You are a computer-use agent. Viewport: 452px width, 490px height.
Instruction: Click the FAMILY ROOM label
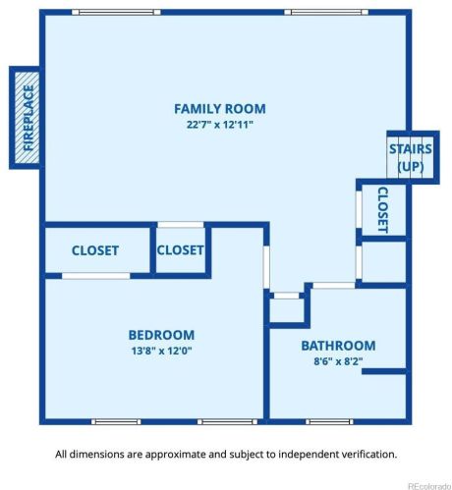[220, 109]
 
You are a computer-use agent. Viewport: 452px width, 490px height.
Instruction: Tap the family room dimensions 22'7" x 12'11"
[220, 125]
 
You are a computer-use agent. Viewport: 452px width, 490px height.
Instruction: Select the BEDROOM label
[161, 335]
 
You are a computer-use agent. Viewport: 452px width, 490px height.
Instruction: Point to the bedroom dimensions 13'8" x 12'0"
[161, 351]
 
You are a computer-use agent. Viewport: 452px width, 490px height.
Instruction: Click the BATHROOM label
[338, 346]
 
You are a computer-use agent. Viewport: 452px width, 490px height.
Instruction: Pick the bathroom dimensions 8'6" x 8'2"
[338, 361]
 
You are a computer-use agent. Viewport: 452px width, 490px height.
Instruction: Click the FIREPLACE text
[28, 118]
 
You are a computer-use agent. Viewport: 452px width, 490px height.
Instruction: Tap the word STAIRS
[411, 149]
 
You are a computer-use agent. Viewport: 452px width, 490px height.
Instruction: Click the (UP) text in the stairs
[411, 167]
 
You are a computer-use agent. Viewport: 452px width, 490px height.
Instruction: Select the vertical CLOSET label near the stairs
[383, 210]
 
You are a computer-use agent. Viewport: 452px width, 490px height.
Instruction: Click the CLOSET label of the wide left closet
[95, 250]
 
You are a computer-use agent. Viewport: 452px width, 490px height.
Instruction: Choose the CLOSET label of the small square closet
[181, 250]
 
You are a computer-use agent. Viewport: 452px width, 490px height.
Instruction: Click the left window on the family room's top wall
[116, 13]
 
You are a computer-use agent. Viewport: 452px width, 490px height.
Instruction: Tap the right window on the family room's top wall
[326, 13]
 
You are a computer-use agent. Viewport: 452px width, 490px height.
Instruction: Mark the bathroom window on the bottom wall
[329, 422]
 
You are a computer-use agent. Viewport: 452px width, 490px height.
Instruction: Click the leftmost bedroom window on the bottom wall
[116, 422]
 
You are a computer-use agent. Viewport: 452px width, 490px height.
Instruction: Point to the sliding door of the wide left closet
[96, 276]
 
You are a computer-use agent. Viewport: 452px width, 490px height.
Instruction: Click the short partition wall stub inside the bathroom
[384, 371]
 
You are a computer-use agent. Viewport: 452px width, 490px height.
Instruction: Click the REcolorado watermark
[429, 486]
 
